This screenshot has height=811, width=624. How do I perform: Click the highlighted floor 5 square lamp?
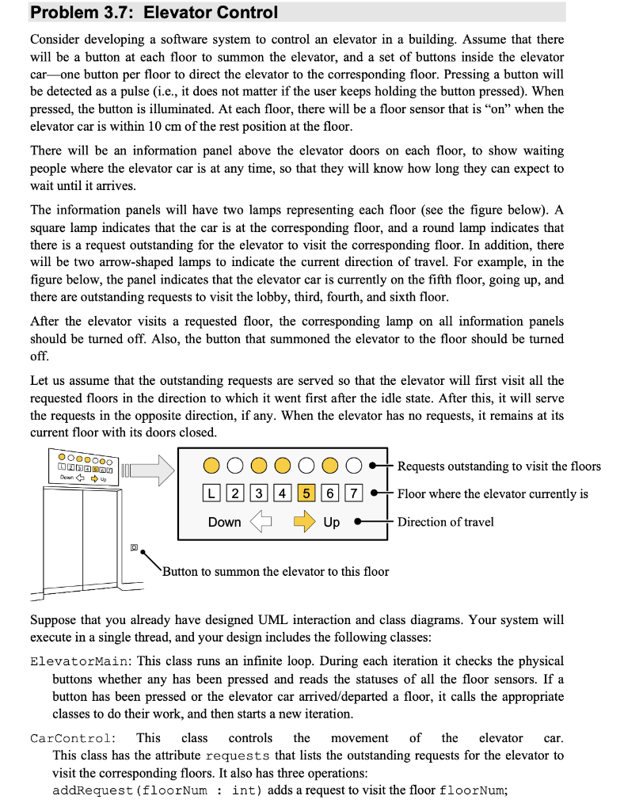tap(306, 493)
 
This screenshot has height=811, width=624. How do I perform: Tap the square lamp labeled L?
tap(210, 493)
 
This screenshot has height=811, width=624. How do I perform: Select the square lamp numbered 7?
tap(354, 493)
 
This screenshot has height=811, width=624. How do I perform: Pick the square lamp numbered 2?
tap(234, 493)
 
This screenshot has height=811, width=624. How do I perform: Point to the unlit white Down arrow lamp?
tap(261, 522)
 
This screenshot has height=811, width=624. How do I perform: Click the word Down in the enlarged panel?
tap(224, 523)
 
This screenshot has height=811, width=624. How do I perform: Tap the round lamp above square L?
tap(210, 466)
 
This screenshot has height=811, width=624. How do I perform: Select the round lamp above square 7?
tap(354, 466)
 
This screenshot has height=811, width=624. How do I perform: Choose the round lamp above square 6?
tap(330, 466)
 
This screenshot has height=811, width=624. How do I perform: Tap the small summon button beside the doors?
tap(135, 546)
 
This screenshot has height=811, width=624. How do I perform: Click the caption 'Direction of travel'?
tap(445, 522)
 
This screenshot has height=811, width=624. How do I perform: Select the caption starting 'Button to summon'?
tap(276, 571)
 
